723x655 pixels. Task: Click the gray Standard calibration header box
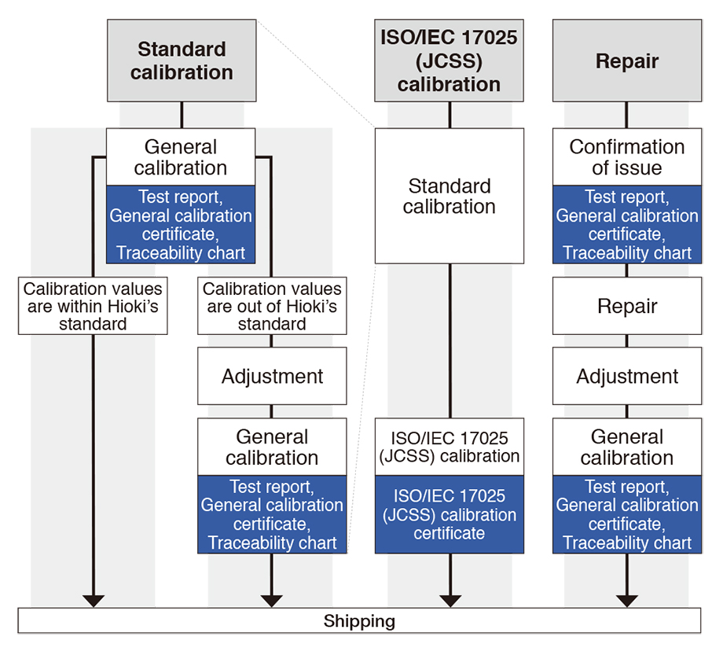click(x=182, y=61)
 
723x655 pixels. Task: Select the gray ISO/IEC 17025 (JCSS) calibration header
click(x=449, y=61)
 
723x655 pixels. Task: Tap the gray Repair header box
click(x=626, y=61)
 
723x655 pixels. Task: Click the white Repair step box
click(x=626, y=305)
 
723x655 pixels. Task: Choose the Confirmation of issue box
click(x=626, y=157)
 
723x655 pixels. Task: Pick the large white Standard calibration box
click(x=449, y=197)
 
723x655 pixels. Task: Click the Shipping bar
click(x=359, y=621)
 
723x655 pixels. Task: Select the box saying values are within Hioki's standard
click(x=93, y=306)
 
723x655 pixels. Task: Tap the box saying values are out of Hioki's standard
click(x=272, y=306)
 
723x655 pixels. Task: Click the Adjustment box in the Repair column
click(x=626, y=376)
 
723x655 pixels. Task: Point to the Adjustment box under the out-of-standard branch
click(x=272, y=376)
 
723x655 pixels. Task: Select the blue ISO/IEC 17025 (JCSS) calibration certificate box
click(x=449, y=514)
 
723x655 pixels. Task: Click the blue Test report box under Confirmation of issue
click(x=626, y=224)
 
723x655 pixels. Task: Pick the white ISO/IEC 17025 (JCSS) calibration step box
click(x=449, y=447)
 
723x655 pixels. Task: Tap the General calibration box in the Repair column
click(x=626, y=447)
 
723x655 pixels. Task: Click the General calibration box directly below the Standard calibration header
click(x=181, y=157)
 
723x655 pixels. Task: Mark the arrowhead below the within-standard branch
click(x=93, y=601)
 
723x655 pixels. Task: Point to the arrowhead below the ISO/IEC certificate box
click(x=450, y=601)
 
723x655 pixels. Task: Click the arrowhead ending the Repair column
click(x=626, y=601)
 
